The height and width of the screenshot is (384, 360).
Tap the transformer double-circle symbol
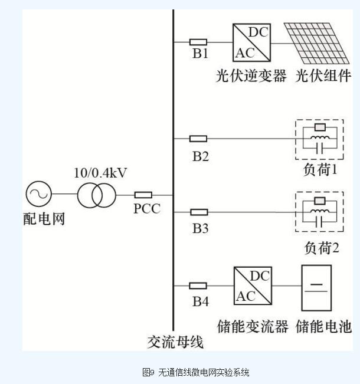[96, 195]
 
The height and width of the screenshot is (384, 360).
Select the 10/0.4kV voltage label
[100, 173]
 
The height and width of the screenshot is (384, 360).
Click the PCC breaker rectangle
[143, 195]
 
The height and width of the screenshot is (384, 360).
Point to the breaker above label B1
[198, 42]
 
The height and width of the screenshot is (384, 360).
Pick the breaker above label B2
[198, 139]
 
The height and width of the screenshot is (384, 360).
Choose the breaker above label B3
[198, 212]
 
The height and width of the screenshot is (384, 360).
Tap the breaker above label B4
[198, 285]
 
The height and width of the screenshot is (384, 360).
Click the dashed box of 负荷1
[319, 139]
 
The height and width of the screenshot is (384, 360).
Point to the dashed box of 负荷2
[319, 212]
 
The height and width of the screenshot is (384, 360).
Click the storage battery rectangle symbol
[316, 287]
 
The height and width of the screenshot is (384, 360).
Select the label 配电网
[44, 219]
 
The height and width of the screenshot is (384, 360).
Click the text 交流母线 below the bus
[175, 342]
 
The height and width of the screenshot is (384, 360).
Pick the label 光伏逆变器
[251, 77]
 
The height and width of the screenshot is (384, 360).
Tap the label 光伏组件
[323, 77]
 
